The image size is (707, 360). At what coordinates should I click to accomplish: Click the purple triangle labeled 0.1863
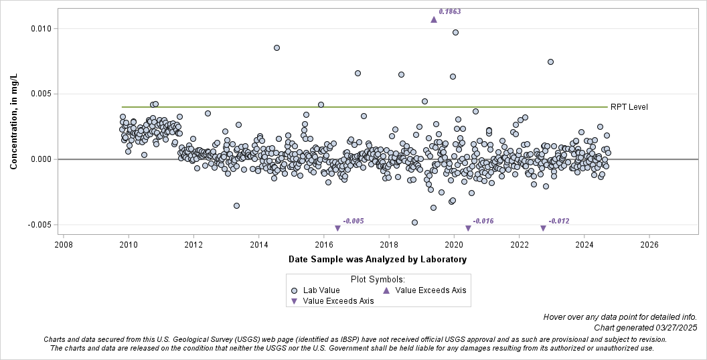click(x=434, y=19)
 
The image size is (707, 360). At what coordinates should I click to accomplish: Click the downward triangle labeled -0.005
click(x=337, y=228)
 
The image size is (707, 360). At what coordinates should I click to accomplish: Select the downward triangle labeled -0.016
click(x=468, y=228)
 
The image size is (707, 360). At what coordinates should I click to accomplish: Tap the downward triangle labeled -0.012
click(x=544, y=228)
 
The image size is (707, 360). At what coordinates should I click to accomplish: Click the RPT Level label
click(x=629, y=107)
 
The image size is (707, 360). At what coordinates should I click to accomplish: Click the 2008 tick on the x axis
click(x=63, y=245)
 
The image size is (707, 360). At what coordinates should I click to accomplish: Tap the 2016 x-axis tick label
click(x=324, y=245)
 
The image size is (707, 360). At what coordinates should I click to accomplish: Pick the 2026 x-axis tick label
click(x=649, y=245)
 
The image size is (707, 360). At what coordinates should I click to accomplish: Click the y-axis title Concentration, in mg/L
click(x=13, y=122)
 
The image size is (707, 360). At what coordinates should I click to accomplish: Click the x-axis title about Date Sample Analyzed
click(x=378, y=259)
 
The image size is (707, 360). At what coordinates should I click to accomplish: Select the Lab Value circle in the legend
click(x=295, y=290)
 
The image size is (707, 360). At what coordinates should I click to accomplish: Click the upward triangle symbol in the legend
click(x=386, y=290)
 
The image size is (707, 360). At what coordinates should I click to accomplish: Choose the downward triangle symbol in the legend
click(x=295, y=302)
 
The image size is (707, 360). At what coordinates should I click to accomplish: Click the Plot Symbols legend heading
click(x=378, y=279)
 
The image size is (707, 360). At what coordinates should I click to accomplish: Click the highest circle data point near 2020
click(x=455, y=32)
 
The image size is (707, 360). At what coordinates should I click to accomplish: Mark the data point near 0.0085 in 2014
click(x=277, y=48)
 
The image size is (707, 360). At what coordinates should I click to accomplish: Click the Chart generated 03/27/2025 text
click(x=645, y=327)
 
